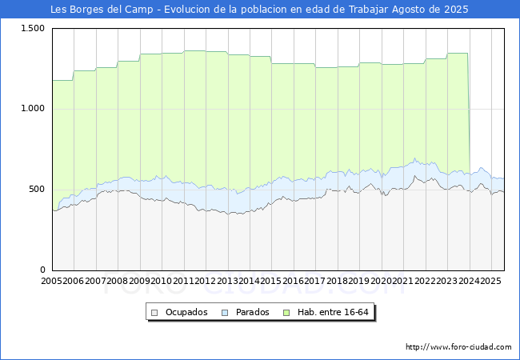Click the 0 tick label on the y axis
42,270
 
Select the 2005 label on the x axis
52,281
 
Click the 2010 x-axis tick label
161,281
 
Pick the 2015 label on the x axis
270,281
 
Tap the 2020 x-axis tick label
380,281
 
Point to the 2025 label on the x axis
490,281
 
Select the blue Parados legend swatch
226,312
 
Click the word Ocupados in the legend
186,312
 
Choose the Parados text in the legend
252,312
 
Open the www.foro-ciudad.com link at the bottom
458,346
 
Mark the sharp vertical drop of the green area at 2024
469,112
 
